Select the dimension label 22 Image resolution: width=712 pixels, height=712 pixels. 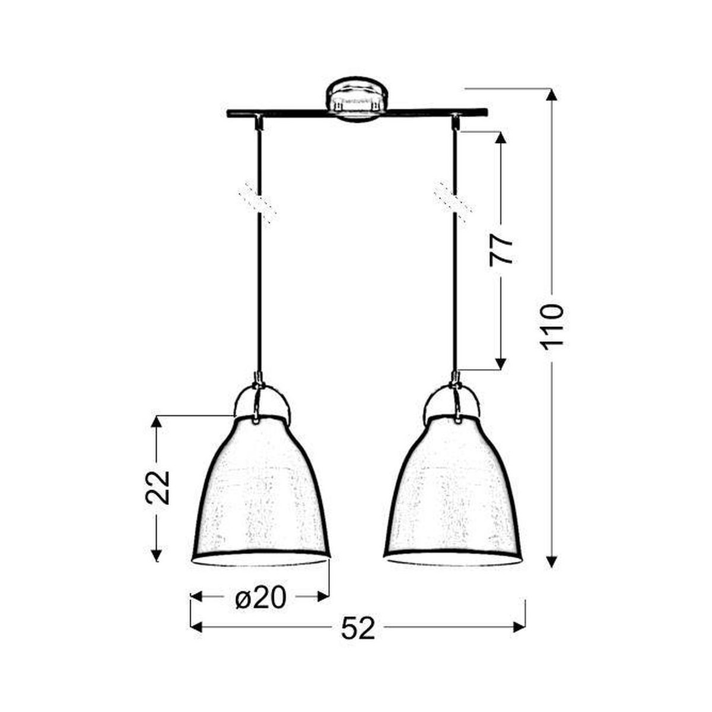coord(158,487)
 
